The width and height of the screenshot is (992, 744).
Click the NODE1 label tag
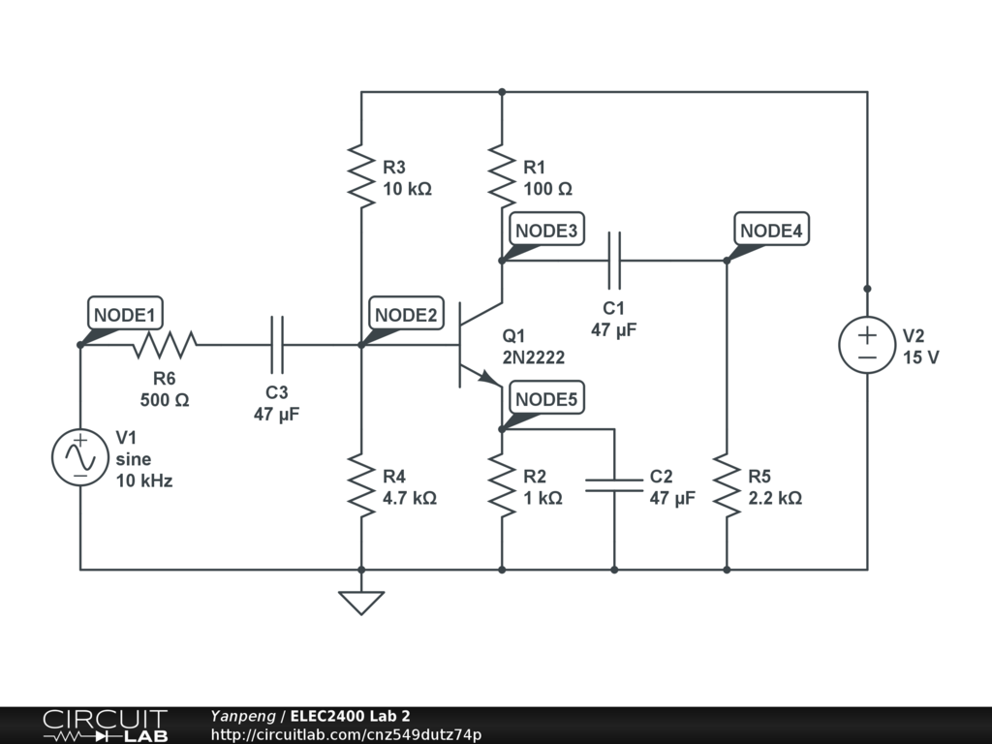pyautogui.click(x=125, y=315)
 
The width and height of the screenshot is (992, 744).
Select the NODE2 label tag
pyautogui.click(x=406, y=315)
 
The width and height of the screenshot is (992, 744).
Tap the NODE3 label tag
pyautogui.click(x=546, y=231)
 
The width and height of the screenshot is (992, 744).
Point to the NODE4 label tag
pyautogui.click(x=771, y=231)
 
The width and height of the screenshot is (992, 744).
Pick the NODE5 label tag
pyautogui.click(x=546, y=399)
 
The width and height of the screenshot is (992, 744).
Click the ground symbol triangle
pyautogui.click(x=361, y=603)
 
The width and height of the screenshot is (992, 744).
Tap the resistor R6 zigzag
pyautogui.click(x=166, y=344)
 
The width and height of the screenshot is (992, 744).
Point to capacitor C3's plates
pyautogui.click(x=277, y=344)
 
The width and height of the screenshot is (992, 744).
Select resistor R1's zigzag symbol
pyautogui.click(x=502, y=174)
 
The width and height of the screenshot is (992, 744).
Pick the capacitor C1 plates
pyautogui.click(x=613, y=260)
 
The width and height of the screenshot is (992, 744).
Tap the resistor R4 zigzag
pyautogui.click(x=361, y=486)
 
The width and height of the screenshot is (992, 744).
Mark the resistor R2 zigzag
pyautogui.click(x=502, y=486)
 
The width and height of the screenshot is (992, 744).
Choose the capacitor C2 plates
pyautogui.click(x=614, y=484)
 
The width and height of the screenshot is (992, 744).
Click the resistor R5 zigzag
pyautogui.click(x=727, y=486)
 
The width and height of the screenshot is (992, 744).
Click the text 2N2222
pyautogui.click(x=533, y=357)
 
